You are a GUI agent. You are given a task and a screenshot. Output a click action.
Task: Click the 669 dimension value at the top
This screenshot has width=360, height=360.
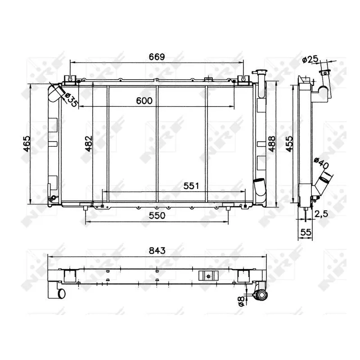tap(157, 57)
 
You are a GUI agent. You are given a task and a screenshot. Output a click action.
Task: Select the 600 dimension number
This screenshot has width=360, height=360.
tap(144, 102)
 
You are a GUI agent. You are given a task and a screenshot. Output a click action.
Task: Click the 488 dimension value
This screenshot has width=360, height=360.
tap(272, 144)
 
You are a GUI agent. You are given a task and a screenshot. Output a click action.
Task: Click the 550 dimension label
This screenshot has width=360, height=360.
tap(157, 215)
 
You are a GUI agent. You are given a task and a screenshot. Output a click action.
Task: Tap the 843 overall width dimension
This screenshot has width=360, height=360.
tap(157, 250)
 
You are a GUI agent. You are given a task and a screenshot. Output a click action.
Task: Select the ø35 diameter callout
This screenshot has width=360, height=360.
tap(71, 99)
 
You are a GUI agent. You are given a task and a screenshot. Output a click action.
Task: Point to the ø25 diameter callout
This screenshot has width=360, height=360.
tap(310, 59)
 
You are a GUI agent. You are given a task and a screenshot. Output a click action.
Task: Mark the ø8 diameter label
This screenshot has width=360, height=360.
tap(242, 301)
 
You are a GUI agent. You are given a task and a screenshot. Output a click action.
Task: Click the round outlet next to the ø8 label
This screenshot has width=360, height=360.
tap(260, 295)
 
